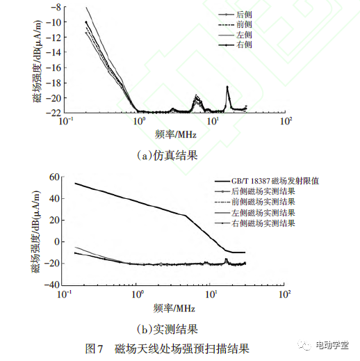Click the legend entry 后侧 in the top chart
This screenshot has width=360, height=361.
243,14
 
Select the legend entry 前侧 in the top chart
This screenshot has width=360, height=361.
243,24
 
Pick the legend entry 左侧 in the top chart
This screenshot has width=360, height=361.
243,35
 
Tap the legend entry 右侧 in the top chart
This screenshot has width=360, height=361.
243,45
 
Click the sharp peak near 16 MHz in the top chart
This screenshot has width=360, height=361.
227,88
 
